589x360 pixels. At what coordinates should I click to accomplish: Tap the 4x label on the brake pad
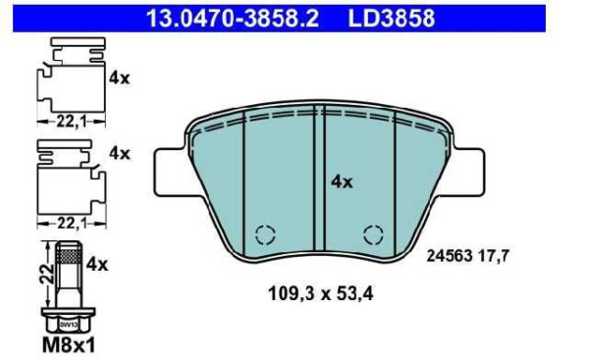[341, 181]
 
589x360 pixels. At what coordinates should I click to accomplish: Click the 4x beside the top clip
[119, 77]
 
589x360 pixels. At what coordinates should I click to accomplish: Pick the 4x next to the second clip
[119, 153]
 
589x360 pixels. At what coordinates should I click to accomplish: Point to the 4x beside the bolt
[97, 263]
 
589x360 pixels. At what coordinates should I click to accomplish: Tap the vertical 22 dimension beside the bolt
[44, 275]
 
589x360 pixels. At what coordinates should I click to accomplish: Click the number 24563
[448, 257]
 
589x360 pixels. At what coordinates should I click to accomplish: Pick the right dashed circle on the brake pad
[372, 233]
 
